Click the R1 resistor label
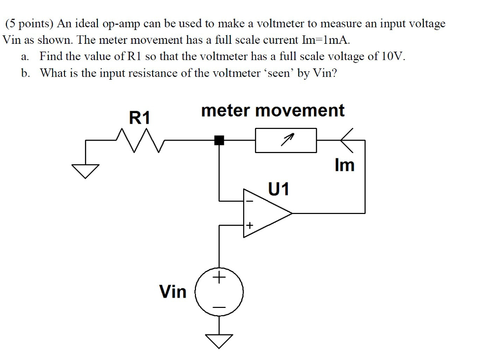coord(139,118)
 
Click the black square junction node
coord(219,141)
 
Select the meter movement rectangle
coord(285,140)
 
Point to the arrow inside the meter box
coord(286,140)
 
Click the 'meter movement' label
coord(273,111)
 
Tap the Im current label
coord(344,165)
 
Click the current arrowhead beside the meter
coord(346,140)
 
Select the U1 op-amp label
coord(279,188)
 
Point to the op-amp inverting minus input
coord(249,201)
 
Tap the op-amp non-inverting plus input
coord(249,226)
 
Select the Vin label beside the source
coord(173,292)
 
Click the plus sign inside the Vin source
coord(219,279)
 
